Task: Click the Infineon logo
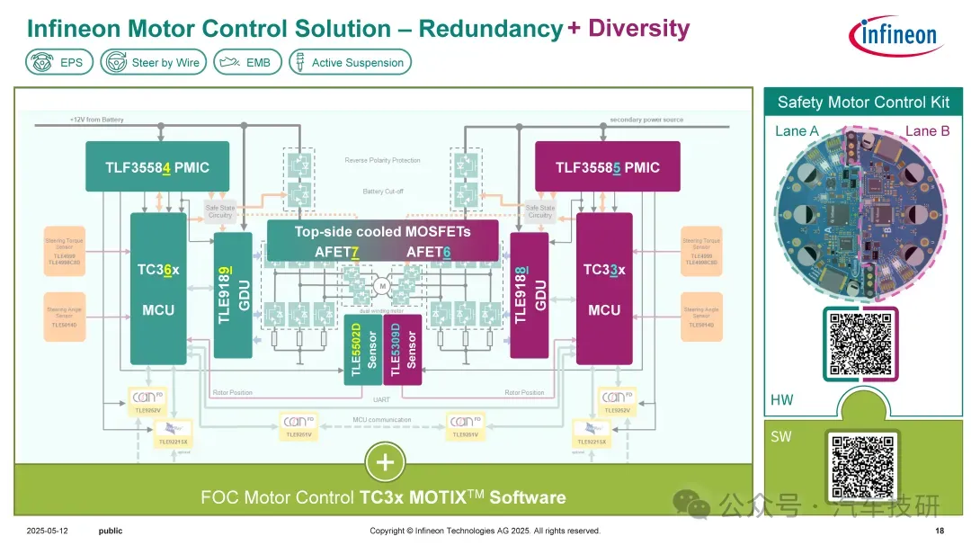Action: (894, 35)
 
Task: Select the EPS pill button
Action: (59, 63)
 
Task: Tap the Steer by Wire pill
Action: (154, 63)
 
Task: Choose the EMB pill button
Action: (246, 63)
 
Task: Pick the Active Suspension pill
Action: (349, 63)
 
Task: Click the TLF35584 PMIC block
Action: (156, 167)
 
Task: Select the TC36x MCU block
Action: (158, 289)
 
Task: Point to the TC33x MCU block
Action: (604, 289)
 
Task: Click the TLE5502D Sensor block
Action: (363, 349)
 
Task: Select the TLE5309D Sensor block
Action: (402, 349)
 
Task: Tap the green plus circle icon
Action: (386, 463)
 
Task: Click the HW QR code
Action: (860, 344)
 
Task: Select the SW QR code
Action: (860, 467)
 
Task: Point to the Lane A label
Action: (797, 131)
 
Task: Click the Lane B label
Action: (927, 131)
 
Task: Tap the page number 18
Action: (940, 531)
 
